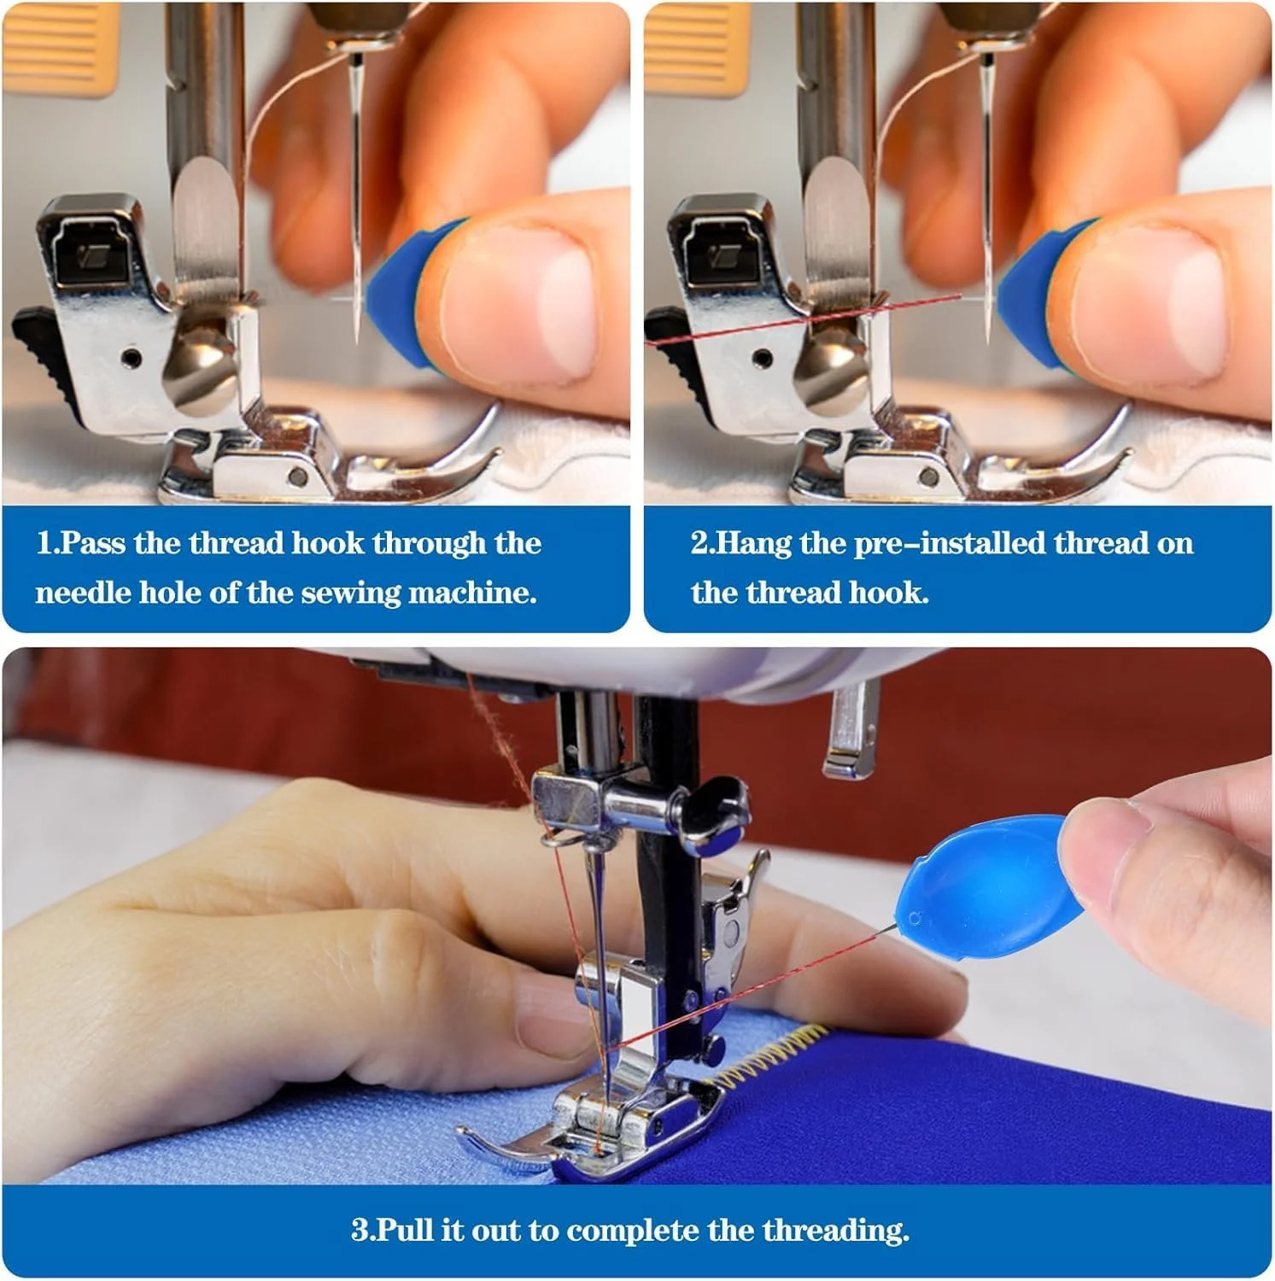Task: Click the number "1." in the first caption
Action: tap(48, 543)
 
